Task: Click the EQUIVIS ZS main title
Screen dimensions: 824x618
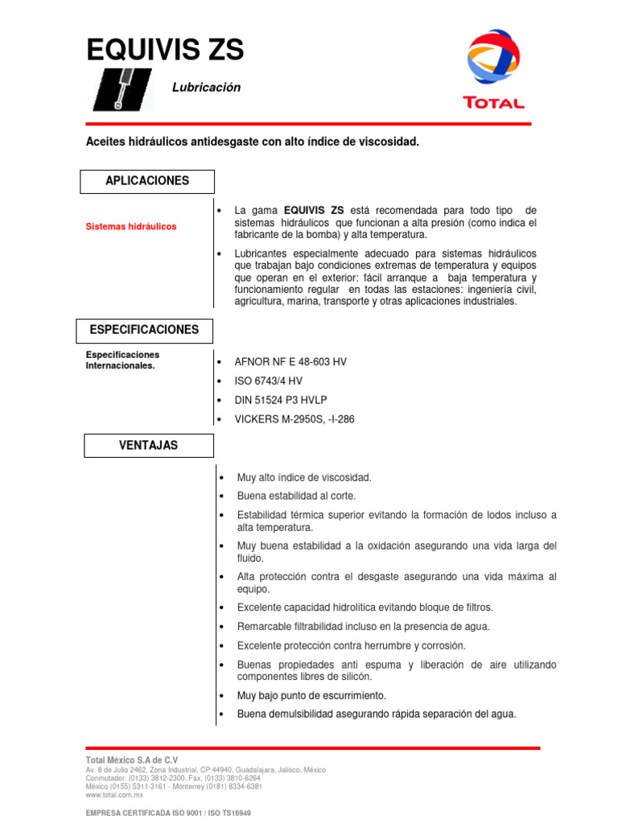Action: [x=165, y=51]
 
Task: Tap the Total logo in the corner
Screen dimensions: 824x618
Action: [x=493, y=68]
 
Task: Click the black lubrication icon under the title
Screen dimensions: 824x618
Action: [x=122, y=89]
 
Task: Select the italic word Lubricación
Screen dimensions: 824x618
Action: [x=206, y=87]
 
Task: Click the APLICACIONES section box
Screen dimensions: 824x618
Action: [x=147, y=181]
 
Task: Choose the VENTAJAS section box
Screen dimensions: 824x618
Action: [x=147, y=445]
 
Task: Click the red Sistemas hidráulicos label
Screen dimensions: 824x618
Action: [x=131, y=227]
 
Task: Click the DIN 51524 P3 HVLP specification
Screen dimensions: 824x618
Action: [x=281, y=400]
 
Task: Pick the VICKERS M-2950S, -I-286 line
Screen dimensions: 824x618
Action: [x=294, y=419]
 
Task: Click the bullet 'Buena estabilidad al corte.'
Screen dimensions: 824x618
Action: [x=296, y=496]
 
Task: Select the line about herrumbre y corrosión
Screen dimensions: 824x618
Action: [x=351, y=645]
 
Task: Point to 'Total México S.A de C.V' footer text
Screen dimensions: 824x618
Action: [x=132, y=760]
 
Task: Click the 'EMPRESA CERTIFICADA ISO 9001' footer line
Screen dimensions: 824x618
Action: [x=168, y=814]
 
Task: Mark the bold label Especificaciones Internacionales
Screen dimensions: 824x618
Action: [x=123, y=360]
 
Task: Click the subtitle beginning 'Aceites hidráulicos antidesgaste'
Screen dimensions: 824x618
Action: [x=253, y=142]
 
